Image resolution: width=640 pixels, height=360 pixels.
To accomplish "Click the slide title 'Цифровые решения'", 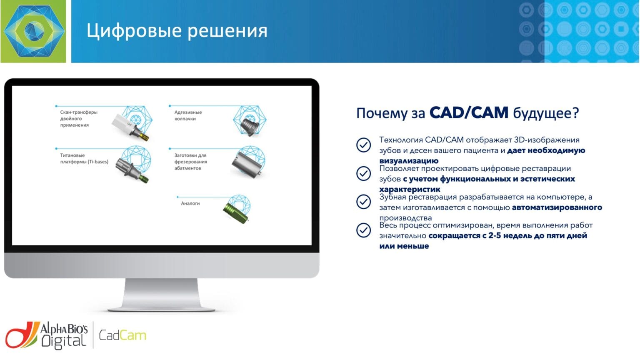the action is click(x=177, y=30).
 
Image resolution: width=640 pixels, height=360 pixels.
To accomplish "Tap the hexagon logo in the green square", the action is click(x=34, y=31).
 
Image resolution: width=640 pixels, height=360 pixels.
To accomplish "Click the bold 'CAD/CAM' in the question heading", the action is click(x=469, y=112).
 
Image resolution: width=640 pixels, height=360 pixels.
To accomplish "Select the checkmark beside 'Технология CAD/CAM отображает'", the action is click(x=363, y=145).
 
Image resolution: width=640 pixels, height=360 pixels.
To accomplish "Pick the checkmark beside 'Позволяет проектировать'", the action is click(x=363, y=173).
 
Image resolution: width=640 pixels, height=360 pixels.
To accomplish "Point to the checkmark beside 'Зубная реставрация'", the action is click(x=363, y=202).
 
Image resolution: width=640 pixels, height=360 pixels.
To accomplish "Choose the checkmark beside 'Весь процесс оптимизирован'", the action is click(x=363, y=230).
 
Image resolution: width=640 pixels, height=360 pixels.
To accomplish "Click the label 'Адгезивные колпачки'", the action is click(x=188, y=115).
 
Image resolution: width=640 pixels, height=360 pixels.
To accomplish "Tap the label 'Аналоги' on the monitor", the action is click(x=190, y=203).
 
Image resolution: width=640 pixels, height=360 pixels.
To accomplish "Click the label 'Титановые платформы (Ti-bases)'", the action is click(x=84, y=159).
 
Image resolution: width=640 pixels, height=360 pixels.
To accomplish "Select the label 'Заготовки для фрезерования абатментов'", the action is click(x=190, y=162).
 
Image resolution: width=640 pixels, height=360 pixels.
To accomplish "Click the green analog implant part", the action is click(x=236, y=213).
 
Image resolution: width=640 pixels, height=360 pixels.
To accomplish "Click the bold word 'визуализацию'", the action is click(x=409, y=161).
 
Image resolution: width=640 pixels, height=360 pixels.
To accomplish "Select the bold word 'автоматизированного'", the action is click(x=557, y=207).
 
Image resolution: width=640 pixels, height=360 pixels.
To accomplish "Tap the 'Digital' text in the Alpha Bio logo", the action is click(x=63, y=341).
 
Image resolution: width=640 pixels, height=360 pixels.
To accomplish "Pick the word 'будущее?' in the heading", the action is click(x=546, y=113).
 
